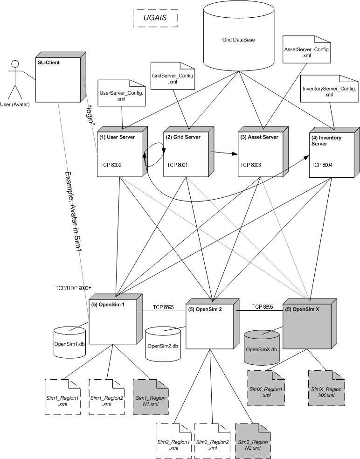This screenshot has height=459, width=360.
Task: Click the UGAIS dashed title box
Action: (155, 18)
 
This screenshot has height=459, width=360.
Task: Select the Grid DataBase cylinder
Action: (239, 37)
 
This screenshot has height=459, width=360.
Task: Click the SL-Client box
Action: (61, 77)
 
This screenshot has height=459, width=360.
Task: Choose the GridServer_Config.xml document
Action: (173, 76)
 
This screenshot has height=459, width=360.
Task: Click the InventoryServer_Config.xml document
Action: (330, 89)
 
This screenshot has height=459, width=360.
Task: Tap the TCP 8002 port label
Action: (111, 165)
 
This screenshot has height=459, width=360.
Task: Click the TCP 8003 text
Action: (250, 165)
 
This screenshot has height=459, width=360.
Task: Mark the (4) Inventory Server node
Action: (334, 152)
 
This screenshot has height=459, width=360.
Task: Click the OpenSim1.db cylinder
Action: (69, 342)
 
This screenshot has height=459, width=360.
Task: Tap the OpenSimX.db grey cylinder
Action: (262, 347)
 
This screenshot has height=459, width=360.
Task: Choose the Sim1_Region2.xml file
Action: (106, 397)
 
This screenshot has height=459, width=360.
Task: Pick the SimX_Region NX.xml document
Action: (326, 388)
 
